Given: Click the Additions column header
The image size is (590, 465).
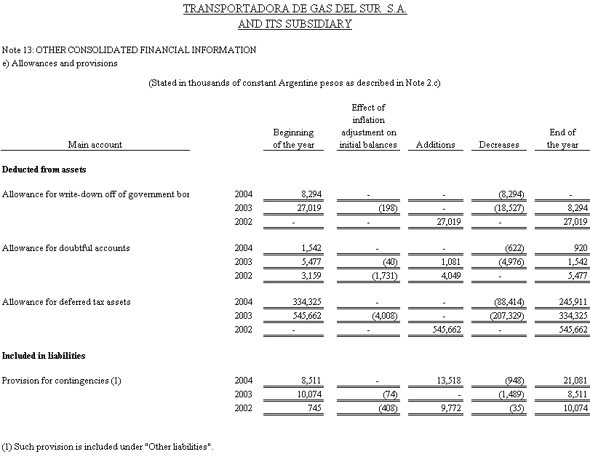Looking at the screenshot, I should (435, 145).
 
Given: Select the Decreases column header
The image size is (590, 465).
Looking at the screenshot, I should (498, 145).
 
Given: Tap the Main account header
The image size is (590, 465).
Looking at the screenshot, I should (95, 145).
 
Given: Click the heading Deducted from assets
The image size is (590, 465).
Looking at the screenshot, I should (44, 170).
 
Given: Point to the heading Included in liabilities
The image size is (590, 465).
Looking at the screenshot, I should (44, 356).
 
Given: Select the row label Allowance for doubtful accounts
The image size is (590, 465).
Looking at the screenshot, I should (66, 248).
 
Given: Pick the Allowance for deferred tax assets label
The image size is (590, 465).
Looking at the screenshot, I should (66, 301).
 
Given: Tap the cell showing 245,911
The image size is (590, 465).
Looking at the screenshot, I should (572, 301).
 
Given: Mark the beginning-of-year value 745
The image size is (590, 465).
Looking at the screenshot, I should (313, 408).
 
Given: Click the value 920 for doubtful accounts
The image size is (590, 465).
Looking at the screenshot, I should (580, 248).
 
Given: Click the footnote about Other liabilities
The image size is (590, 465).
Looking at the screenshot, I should (108, 445).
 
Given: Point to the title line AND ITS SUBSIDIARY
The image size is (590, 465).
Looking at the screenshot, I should (295, 24).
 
